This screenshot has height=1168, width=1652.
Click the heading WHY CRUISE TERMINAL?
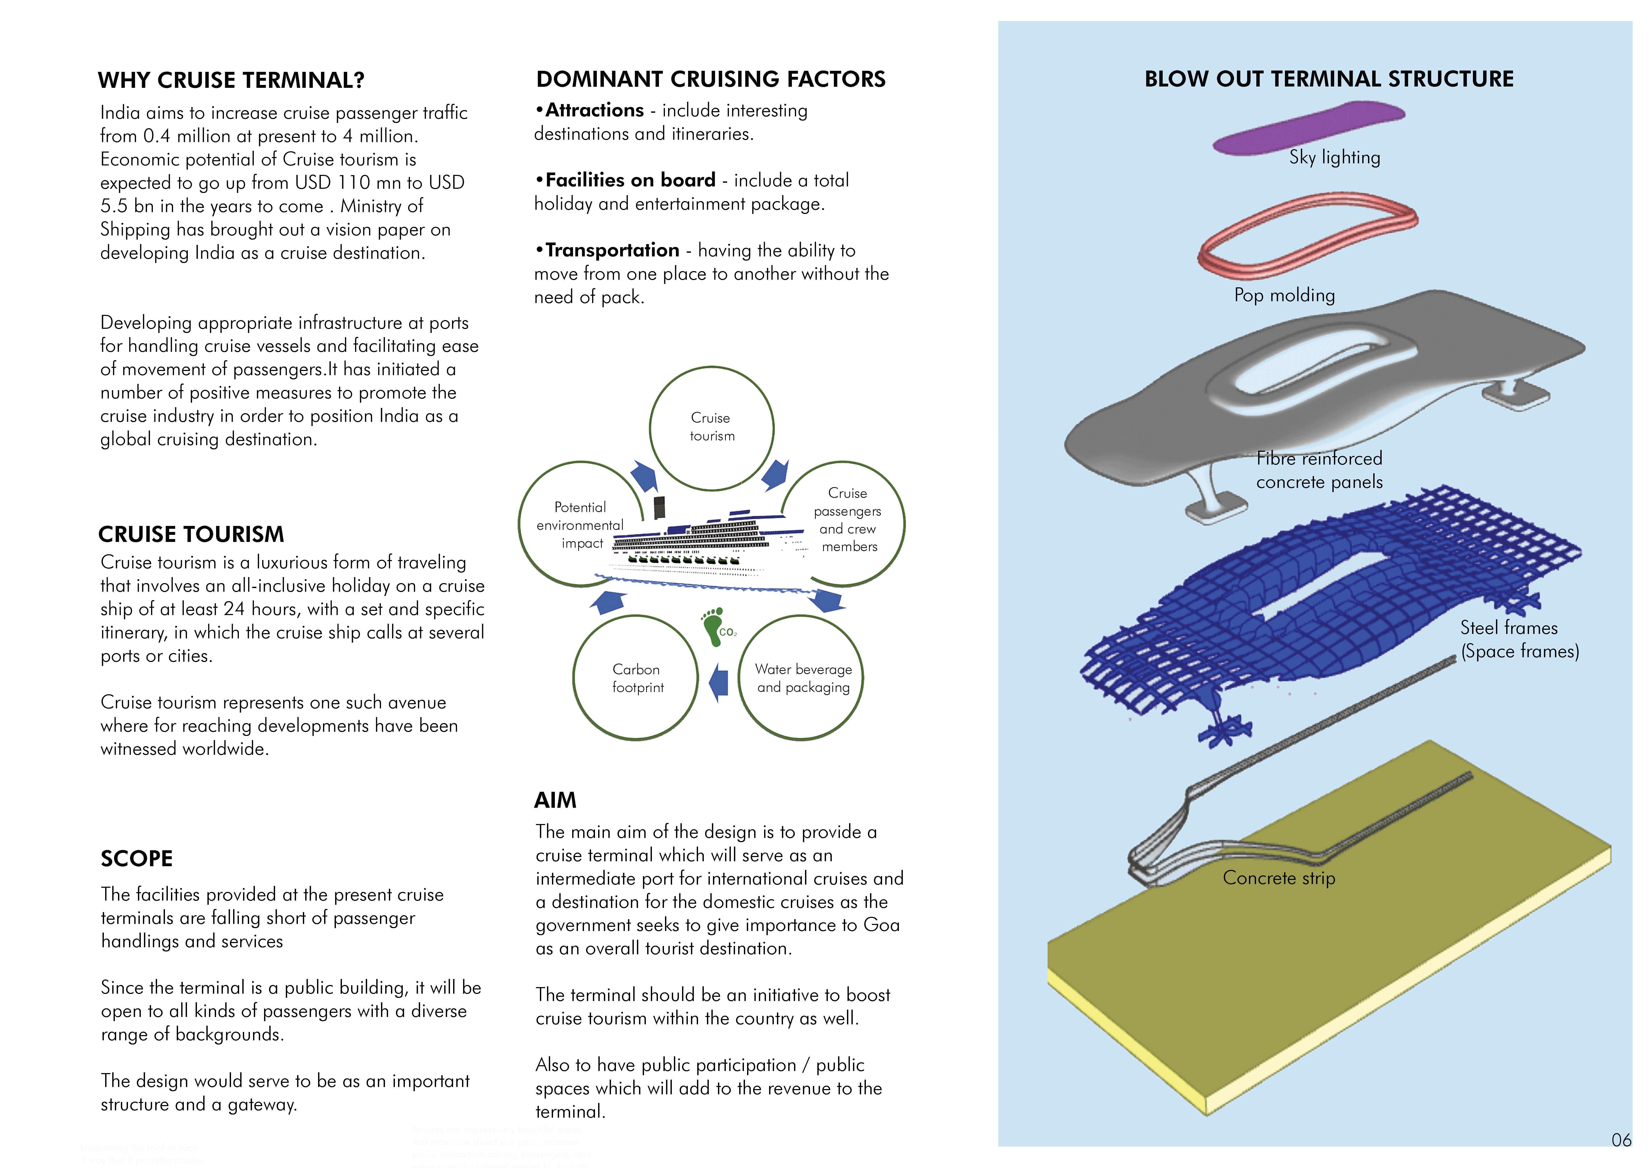(x=231, y=80)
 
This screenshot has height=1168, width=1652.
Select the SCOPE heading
(x=137, y=859)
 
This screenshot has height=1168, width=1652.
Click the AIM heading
(x=555, y=800)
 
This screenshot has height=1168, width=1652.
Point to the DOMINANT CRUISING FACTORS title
(x=711, y=79)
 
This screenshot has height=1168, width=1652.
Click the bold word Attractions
(x=594, y=110)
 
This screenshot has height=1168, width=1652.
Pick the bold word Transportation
(x=612, y=250)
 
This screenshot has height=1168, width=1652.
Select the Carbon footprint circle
(x=636, y=677)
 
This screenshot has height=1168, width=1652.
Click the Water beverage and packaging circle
(x=802, y=677)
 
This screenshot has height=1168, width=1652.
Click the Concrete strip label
(x=1279, y=878)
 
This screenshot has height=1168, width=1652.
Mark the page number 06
(x=1621, y=1139)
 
